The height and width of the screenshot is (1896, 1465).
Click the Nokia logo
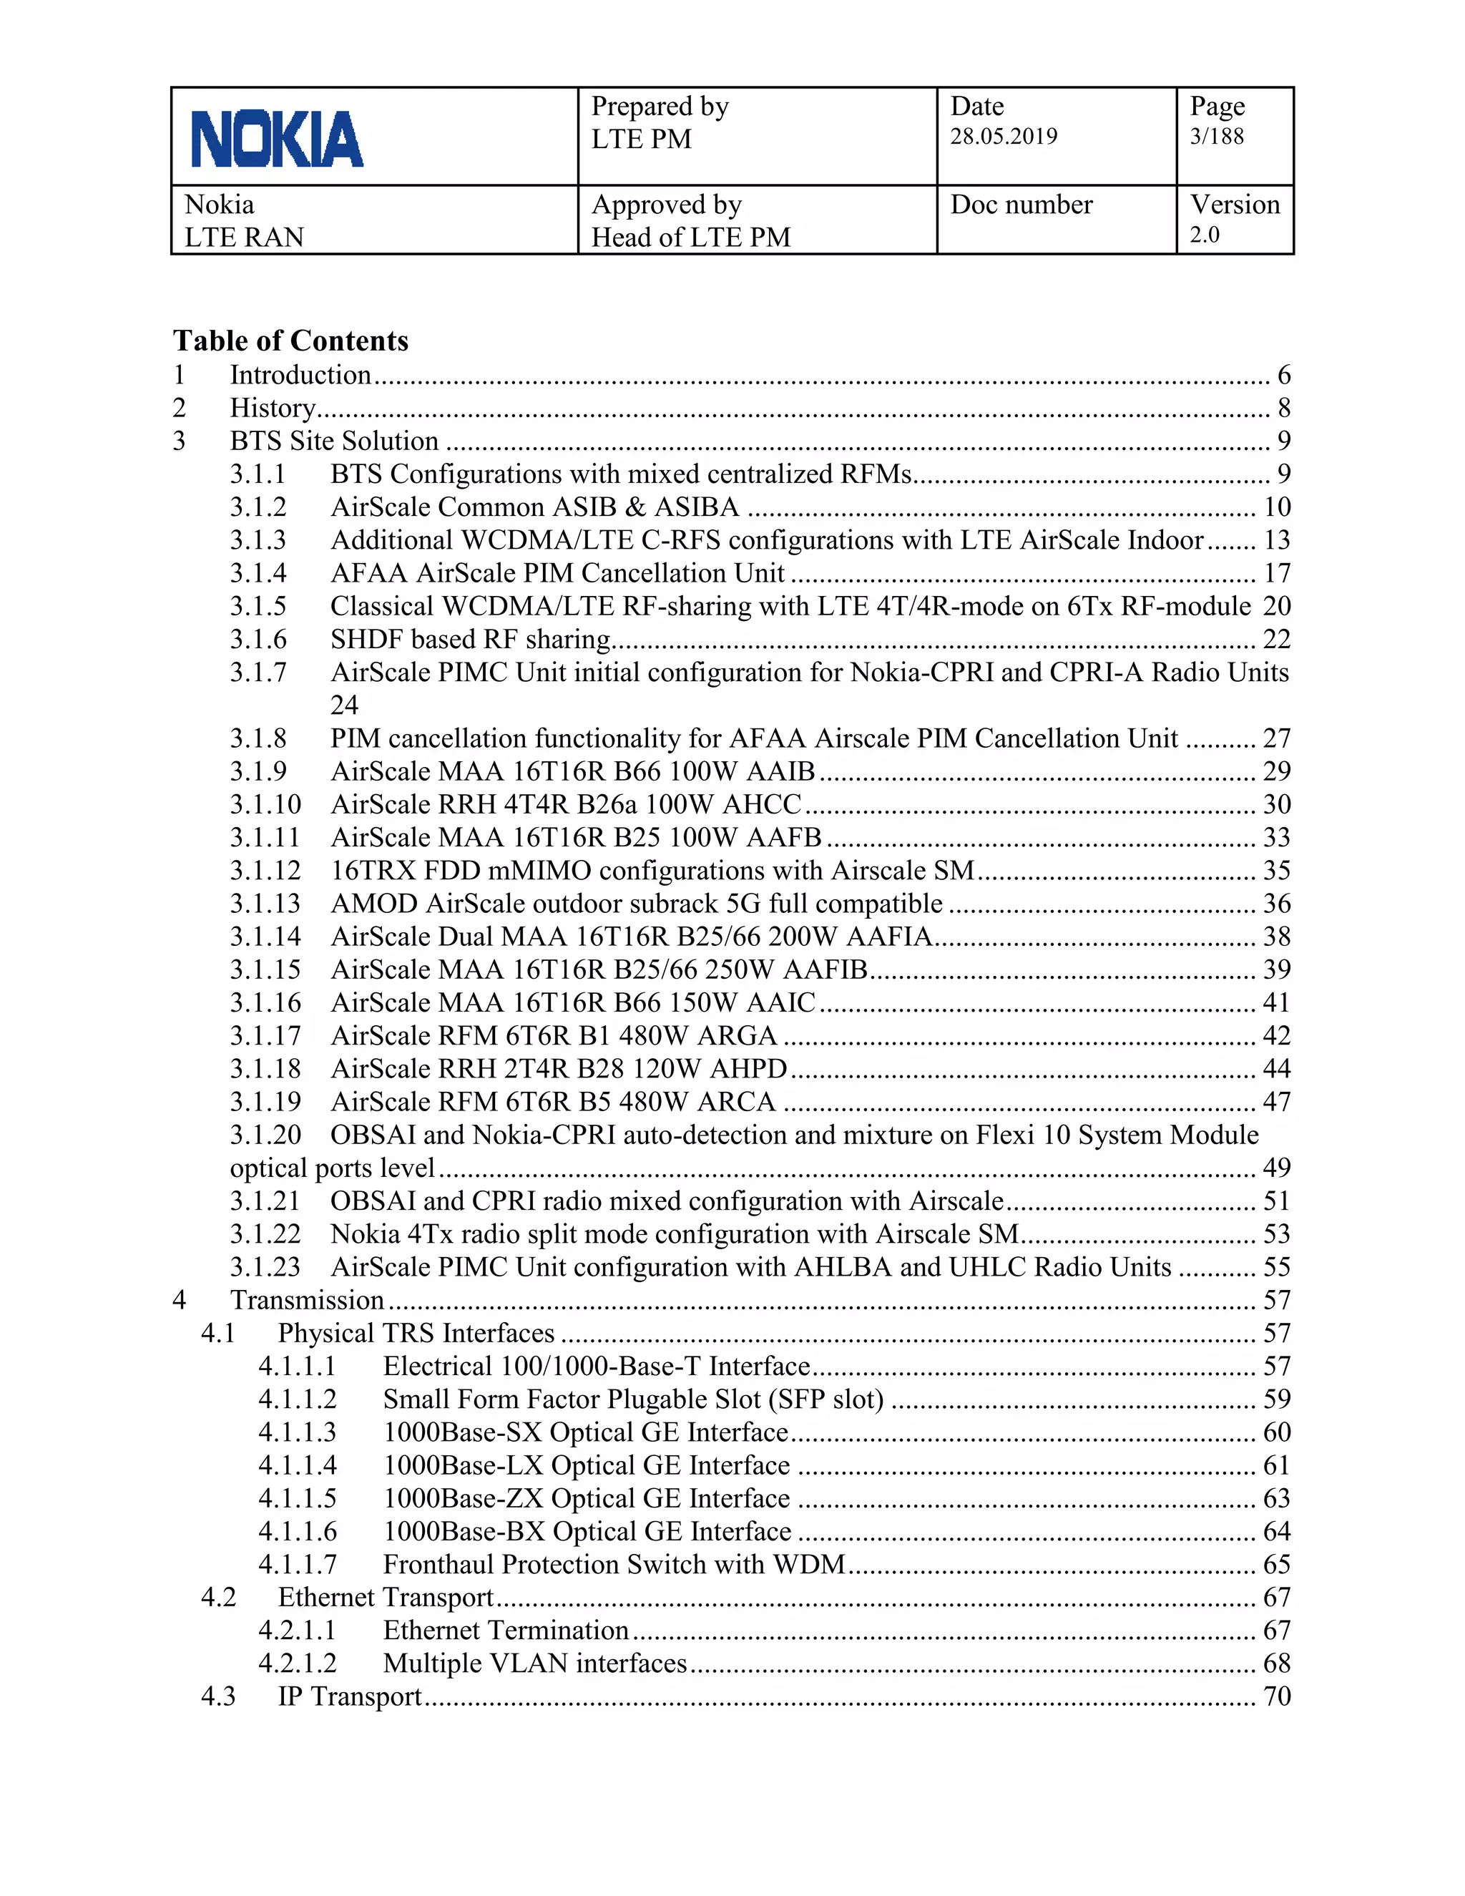pyautogui.click(x=277, y=139)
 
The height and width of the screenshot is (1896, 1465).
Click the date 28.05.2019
pyautogui.click(x=1004, y=136)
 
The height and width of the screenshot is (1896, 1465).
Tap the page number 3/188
pyautogui.click(x=1216, y=136)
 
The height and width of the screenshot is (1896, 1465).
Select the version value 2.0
pyautogui.click(x=1204, y=235)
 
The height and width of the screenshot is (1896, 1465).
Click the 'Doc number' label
pyautogui.click(x=1021, y=205)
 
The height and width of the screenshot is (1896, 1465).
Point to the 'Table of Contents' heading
pyautogui.click(x=290, y=341)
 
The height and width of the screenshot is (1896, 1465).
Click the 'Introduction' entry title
pyautogui.click(x=300, y=375)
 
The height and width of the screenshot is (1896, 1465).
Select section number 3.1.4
pyautogui.click(x=258, y=573)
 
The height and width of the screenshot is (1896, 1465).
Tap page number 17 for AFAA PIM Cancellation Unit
pyautogui.click(x=1277, y=573)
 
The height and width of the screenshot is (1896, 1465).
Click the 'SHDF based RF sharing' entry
pyautogui.click(x=471, y=639)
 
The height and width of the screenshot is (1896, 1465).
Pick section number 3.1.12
pyautogui.click(x=265, y=871)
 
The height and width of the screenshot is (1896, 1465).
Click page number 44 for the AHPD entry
pyautogui.click(x=1277, y=1069)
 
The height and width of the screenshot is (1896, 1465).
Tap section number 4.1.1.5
pyautogui.click(x=297, y=1498)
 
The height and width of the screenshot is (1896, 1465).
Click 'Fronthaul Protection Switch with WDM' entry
pyautogui.click(x=614, y=1564)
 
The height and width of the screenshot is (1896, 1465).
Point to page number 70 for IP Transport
pyautogui.click(x=1277, y=1696)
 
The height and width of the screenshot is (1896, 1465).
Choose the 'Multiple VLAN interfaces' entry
pyautogui.click(x=534, y=1663)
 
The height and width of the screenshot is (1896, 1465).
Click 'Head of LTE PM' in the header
pyautogui.click(x=691, y=237)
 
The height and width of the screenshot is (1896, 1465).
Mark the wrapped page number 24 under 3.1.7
pyautogui.click(x=345, y=705)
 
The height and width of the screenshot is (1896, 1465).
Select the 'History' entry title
pyautogui.click(x=273, y=408)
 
